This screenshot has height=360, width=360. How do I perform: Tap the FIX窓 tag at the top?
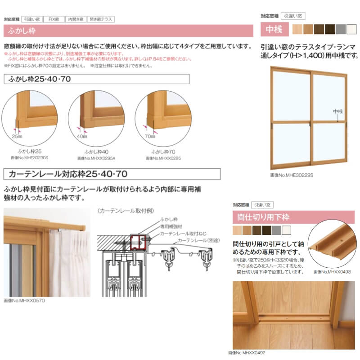[x=54, y=19]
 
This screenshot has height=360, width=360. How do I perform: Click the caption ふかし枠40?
[x=96, y=153]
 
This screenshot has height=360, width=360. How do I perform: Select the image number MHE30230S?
[x=30, y=158]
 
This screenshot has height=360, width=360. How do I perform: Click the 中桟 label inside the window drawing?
[x=337, y=111]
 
